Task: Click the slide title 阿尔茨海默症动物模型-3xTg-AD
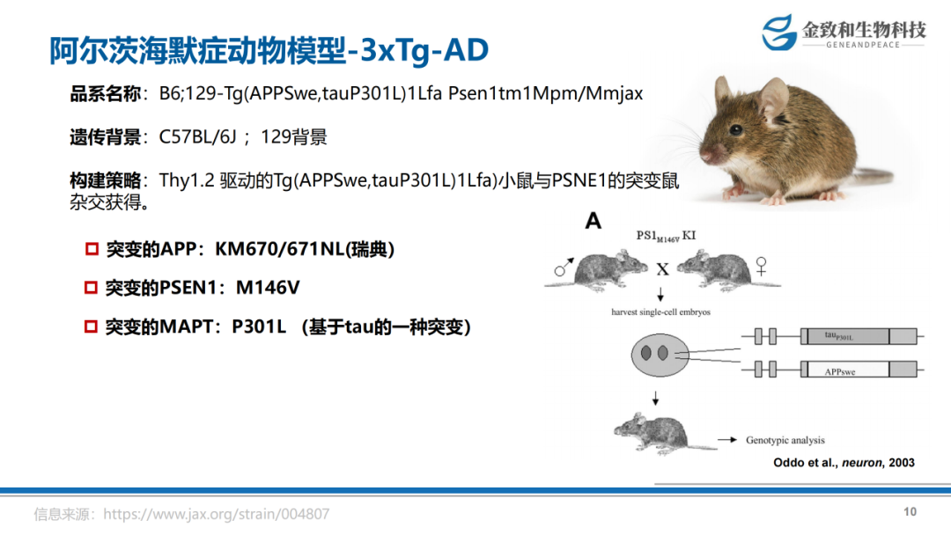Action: [x=269, y=49]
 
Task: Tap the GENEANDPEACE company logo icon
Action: [x=778, y=32]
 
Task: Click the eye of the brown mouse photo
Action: [x=735, y=129]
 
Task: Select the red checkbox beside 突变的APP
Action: [x=92, y=249]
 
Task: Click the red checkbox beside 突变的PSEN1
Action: [x=91, y=288]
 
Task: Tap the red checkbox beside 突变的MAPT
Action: [x=91, y=327]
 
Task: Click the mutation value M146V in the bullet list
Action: [x=268, y=288]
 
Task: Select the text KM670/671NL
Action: [x=280, y=249]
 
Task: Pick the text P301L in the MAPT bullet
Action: [x=259, y=327]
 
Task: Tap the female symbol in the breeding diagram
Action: [x=761, y=266]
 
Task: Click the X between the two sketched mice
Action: [x=662, y=269]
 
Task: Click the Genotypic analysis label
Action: [x=785, y=441]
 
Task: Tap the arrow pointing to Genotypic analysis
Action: [x=727, y=440]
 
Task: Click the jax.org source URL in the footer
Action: [x=216, y=515]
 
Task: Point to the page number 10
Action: [x=910, y=512]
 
